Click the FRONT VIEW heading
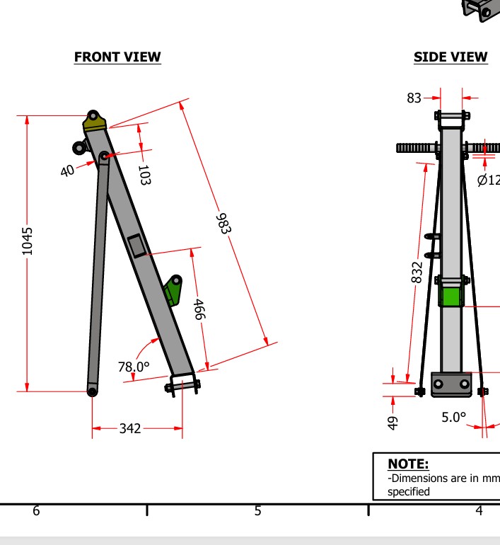117,57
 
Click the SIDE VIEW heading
450,57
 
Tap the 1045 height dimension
28,241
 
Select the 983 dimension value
223,223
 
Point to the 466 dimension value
199,309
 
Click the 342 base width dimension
130,428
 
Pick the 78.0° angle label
134,367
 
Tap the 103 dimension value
144,175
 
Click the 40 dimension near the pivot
67,171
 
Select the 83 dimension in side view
414,98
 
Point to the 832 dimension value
417,271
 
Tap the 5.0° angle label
454,417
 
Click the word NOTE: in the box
408,464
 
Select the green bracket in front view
173,289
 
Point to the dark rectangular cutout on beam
137,245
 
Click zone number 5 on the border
257,510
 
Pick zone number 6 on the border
36,510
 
